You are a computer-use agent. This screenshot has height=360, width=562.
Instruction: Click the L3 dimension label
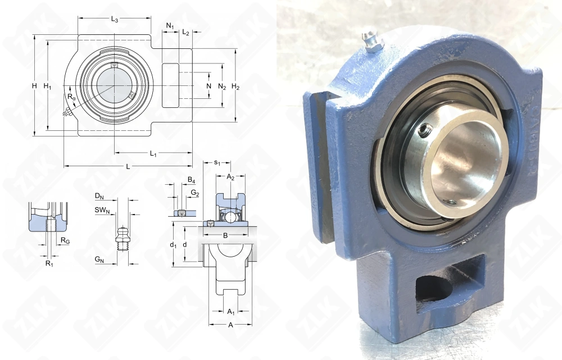tap(114, 20)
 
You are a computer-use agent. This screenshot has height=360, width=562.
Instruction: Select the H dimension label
tap(34, 86)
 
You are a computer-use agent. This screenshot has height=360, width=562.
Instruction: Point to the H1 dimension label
tap(48, 86)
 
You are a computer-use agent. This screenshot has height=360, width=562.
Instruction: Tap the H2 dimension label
tap(235, 86)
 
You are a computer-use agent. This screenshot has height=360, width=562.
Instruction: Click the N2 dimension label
tap(222, 86)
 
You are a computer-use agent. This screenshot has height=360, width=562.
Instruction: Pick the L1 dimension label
tap(153, 153)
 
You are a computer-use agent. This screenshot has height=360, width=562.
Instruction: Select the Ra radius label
tap(71, 97)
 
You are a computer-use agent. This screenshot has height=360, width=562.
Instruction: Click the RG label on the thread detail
tap(65, 240)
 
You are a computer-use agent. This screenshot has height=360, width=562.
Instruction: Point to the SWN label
tap(102, 210)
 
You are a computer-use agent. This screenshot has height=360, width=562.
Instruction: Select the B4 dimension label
tap(191, 180)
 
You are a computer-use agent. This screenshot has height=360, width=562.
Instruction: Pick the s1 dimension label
tap(217, 163)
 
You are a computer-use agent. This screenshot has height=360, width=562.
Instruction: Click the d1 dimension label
tap(173, 245)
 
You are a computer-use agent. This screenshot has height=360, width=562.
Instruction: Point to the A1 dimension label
tap(230, 311)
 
